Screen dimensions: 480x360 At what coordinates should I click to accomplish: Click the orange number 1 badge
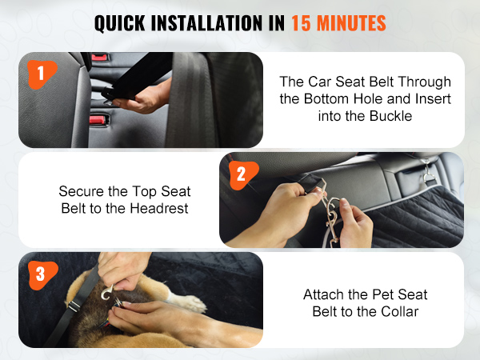coord(42,74)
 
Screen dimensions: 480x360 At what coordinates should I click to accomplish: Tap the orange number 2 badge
coord(242,174)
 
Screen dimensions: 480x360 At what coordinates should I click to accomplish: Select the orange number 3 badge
coord(42,275)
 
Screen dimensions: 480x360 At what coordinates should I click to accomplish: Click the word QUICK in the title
coord(120,23)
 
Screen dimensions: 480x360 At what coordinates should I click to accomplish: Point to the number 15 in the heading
coord(302,23)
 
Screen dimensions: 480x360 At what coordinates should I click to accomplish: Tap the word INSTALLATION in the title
coord(207,23)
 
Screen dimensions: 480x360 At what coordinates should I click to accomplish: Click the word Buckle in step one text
coord(390,116)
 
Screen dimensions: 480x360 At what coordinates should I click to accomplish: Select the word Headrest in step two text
coord(159,209)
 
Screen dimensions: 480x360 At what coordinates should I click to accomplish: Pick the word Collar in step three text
coord(399,312)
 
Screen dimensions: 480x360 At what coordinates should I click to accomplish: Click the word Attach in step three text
coord(323,294)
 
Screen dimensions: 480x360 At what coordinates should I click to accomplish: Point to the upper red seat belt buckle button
coord(99,58)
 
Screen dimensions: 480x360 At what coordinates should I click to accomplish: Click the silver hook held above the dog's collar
coord(107,293)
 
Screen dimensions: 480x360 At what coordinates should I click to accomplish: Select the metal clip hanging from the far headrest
coord(428,174)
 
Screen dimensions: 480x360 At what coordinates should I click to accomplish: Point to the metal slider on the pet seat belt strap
coord(74,306)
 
